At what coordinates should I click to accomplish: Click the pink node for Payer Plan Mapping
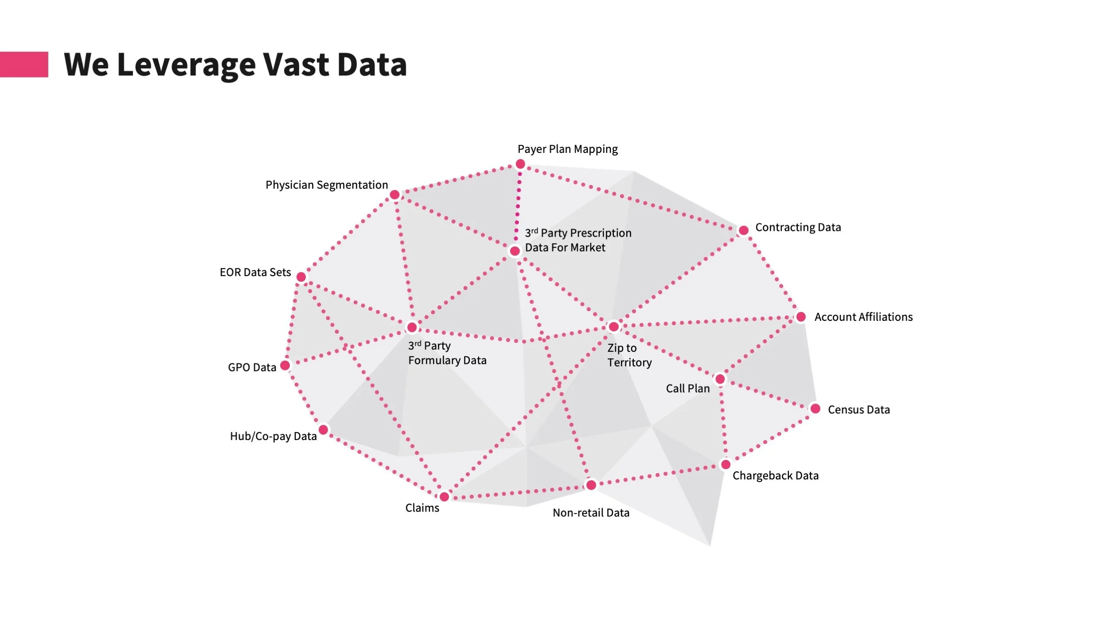pos(520,164)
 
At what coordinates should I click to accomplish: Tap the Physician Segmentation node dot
pos(394,195)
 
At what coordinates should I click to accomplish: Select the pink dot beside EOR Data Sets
pos(301,277)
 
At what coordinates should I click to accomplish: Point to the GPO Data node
pos(285,365)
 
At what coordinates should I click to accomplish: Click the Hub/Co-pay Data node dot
pos(324,429)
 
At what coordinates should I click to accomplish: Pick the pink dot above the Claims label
pos(444,496)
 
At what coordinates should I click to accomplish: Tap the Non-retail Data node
pos(591,485)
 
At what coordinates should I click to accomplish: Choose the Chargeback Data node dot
pos(726,464)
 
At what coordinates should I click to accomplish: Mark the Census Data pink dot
pos(815,409)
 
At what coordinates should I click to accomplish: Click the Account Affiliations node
pos(801,317)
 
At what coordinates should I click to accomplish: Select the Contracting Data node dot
pos(743,230)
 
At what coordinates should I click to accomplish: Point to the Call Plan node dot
pos(720,379)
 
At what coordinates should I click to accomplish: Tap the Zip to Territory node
pos(613,327)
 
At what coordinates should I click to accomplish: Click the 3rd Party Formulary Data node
pos(412,327)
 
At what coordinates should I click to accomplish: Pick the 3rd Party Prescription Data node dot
pos(515,251)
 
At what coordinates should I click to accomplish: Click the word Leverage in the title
pos(186,65)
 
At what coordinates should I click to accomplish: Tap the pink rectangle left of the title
pos(24,65)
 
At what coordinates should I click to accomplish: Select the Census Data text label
pos(858,410)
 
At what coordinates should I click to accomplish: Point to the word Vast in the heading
pos(296,65)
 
